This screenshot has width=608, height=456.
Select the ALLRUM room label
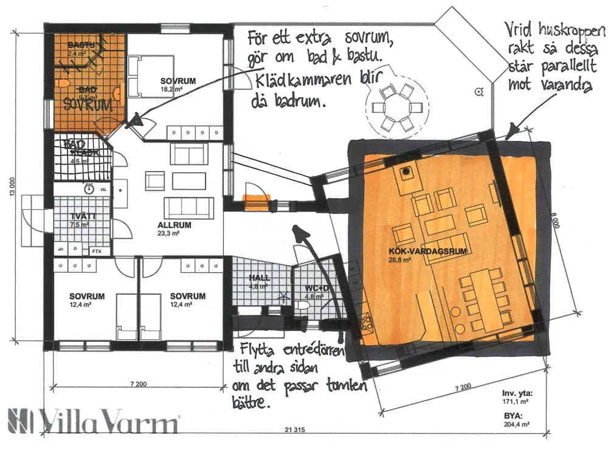pos(174,224)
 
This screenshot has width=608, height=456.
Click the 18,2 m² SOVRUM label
pos(178,81)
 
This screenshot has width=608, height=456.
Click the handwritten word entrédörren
pos(311,353)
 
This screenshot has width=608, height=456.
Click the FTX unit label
pos(96,251)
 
